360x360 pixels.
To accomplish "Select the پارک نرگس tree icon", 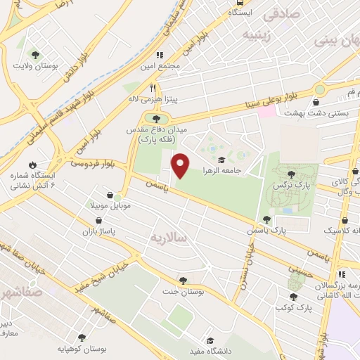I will (291, 174).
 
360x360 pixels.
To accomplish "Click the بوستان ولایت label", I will (33, 66).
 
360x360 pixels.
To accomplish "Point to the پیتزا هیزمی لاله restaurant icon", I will (153, 89).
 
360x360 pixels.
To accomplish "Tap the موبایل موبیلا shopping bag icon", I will (110, 195).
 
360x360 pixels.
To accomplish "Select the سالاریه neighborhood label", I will (169, 238).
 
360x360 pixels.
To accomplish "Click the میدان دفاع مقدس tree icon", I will (155, 119).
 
